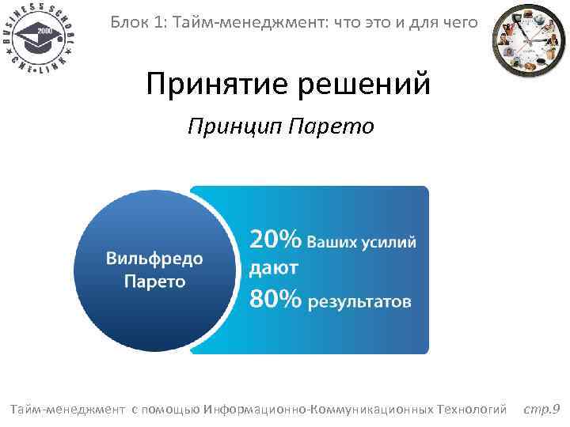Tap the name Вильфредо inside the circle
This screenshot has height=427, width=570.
point(154,259)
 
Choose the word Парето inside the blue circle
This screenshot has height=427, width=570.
point(154,281)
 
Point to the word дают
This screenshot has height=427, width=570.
point(274,269)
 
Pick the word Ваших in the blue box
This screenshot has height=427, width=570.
point(330,241)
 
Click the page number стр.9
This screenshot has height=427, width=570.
point(542,409)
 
